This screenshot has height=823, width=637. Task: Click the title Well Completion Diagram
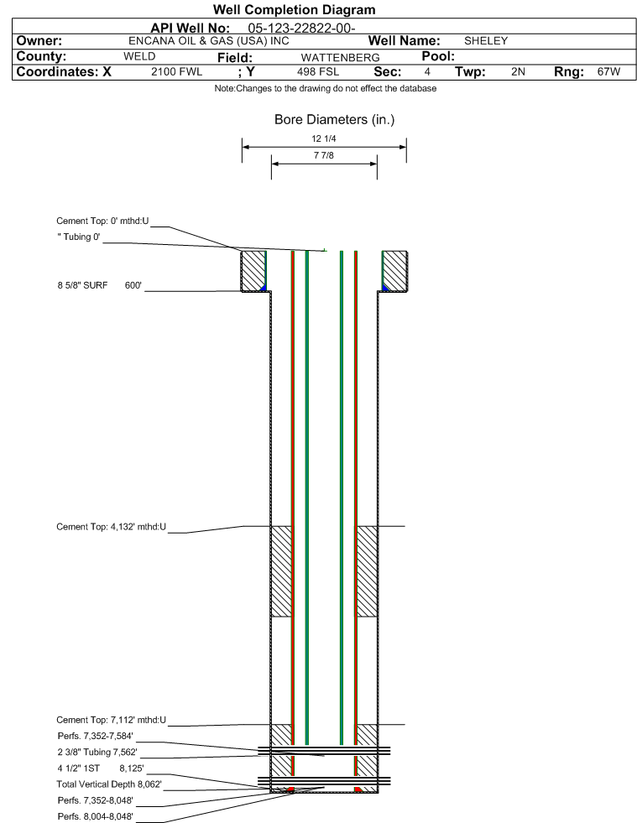coord(294,9)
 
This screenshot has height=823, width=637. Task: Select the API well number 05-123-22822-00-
coord(301,29)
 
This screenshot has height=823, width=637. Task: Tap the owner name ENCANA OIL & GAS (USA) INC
coord(208,41)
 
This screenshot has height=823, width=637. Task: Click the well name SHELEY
coord(486,41)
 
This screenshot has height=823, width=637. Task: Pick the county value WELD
coord(139,56)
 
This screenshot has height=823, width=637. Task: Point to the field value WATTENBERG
coord(340,57)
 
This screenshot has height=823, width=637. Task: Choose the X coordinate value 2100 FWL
coord(176,71)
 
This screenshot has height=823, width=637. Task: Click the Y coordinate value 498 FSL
coord(318,71)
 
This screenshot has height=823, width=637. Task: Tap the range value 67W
coord(608,71)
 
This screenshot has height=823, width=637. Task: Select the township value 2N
coord(518,71)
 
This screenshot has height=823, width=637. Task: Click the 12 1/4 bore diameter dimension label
coord(323,138)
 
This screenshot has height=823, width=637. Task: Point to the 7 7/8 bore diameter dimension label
coord(323,155)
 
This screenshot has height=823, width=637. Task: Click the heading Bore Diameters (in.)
coord(335,120)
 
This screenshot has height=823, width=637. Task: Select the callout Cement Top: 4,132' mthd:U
coord(112,527)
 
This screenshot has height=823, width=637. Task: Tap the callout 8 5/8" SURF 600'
coord(100,285)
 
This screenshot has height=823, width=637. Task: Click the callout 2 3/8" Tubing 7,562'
coord(97,753)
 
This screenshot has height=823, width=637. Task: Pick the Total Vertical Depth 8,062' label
coord(109,784)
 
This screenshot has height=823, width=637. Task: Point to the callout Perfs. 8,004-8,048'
coord(95,816)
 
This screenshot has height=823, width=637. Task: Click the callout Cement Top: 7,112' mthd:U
coord(112,720)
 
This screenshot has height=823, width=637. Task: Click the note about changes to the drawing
coord(325,88)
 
